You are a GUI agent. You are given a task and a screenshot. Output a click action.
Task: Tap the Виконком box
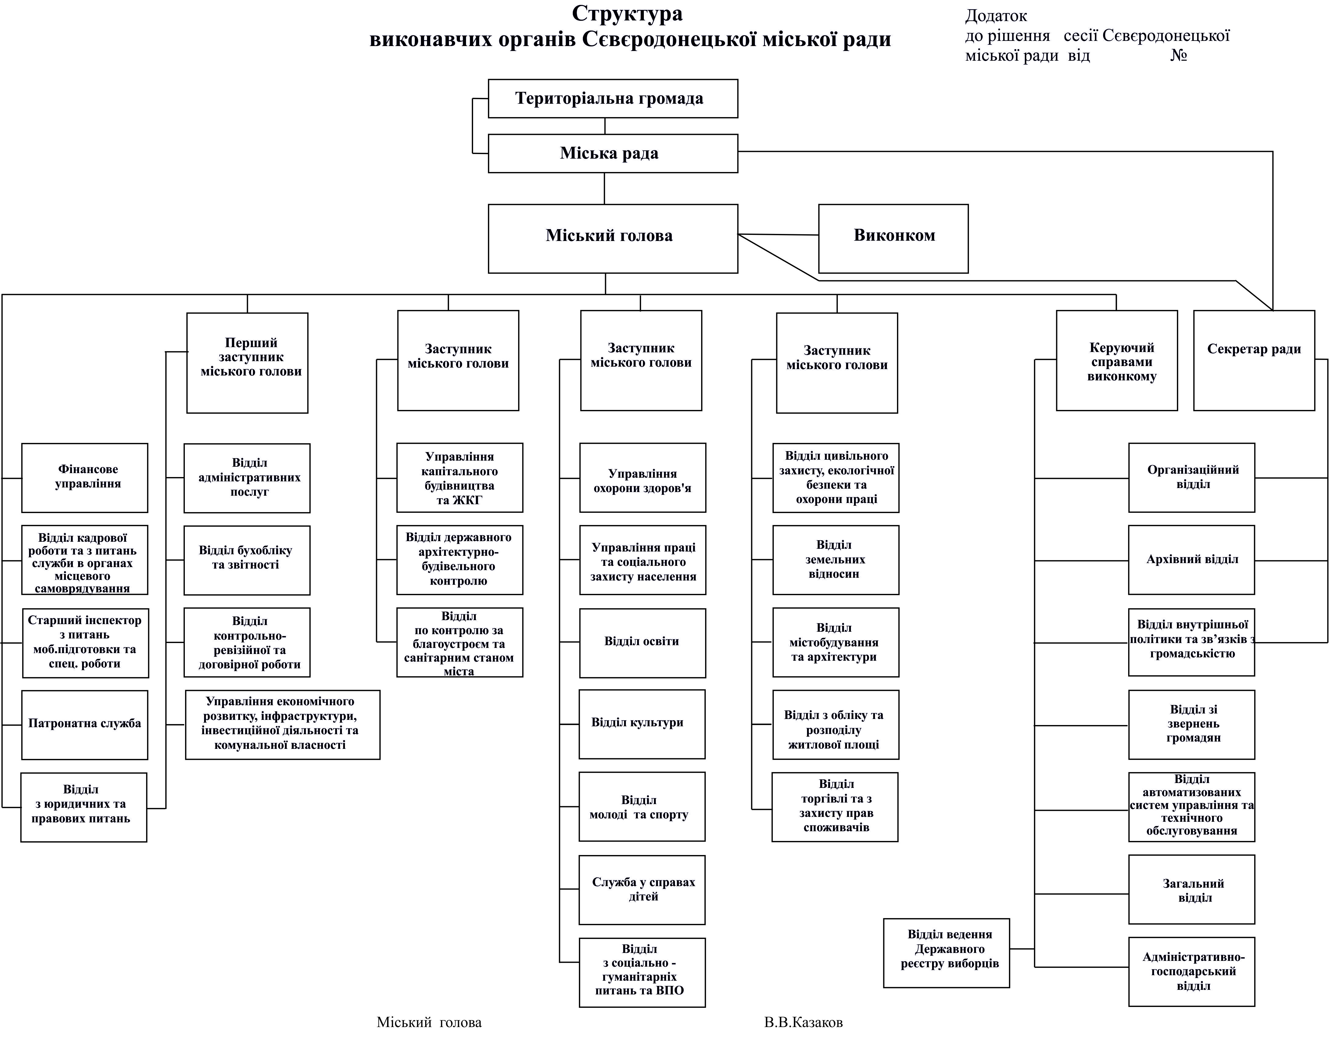pos(893,238)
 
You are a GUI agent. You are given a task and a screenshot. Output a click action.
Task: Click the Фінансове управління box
pos(84,478)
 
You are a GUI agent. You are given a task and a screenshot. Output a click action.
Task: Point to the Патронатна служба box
pos(84,725)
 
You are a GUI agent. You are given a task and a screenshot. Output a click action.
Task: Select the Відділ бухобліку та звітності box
pos(247,560)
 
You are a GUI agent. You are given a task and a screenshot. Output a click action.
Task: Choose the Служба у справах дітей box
pos(642,889)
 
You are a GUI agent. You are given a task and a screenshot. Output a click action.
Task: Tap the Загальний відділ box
pos(1191,889)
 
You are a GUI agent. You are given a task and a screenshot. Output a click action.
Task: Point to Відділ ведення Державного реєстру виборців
pos(946,953)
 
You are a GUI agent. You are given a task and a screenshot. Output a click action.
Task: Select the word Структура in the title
pos(627,13)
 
